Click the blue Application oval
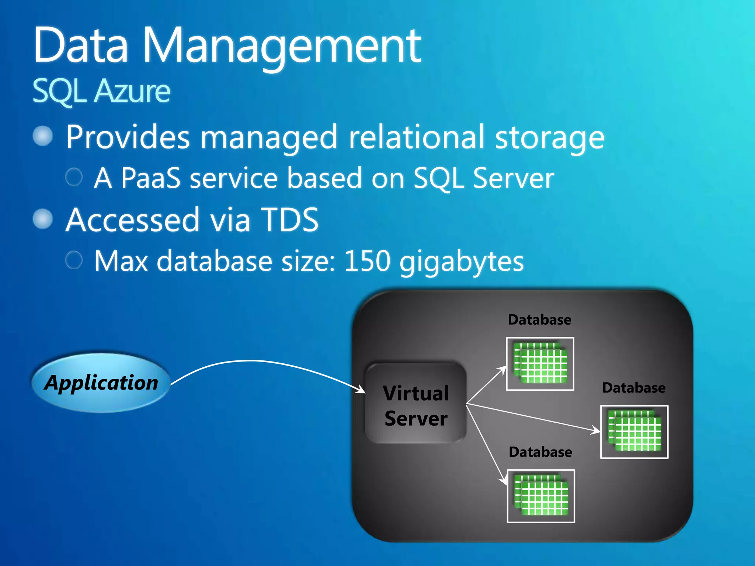pyautogui.click(x=101, y=382)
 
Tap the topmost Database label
pyautogui.click(x=539, y=320)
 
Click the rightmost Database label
pyautogui.click(x=634, y=388)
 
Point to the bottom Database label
pyautogui.click(x=540, y=452)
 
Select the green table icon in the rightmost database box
pyautogui.click(x=634, y=432)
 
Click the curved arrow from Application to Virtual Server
pyautogui.click(x=258, y=361)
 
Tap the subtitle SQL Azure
pyautogui.click(x=101, y=91)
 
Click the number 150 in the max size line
pyautogui.click(x=367, y=261)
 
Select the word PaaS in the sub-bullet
pyautogui.click(x=151, y=178)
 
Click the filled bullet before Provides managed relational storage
pyautogui.click(x=43, y=136)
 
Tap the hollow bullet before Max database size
pyautogui.click(x=74, y=260)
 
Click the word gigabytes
pyautogui.click(x=462, y=262)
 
